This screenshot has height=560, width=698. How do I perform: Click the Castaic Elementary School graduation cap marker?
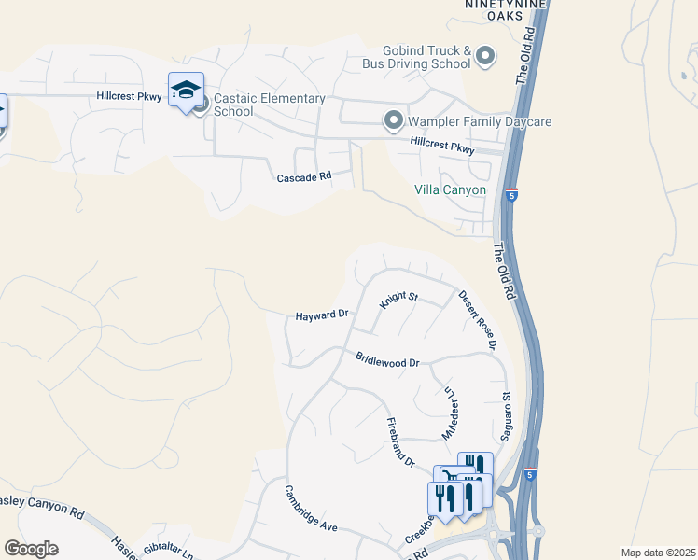click(186, 91)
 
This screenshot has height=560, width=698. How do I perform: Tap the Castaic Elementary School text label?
click(269, 105)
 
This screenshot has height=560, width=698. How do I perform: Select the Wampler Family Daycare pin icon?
click(394, 120)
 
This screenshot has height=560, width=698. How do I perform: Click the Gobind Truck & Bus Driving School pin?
click(484, 57)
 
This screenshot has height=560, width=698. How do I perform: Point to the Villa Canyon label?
click(451, 190)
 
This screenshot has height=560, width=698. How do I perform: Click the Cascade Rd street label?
click(304, 176)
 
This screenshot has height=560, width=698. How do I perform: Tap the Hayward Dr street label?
click(321, 316)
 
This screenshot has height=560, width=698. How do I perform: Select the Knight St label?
click(398, 301)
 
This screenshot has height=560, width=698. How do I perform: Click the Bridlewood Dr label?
click(387, 360)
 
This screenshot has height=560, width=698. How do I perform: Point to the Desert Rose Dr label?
click(477, 320)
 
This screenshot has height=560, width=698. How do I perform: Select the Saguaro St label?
click(507, 417)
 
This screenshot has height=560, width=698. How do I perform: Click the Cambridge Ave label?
click(311, 509)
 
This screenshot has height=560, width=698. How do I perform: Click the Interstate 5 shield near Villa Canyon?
click(511, 194)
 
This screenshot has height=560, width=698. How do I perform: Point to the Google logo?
click(31, 549)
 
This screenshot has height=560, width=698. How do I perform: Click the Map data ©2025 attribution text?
click(657, 553)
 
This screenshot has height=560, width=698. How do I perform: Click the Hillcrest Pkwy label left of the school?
click(130, 96)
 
